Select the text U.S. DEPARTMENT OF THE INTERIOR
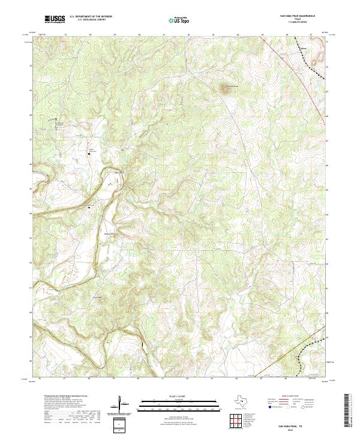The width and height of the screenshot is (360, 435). point(91,17)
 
